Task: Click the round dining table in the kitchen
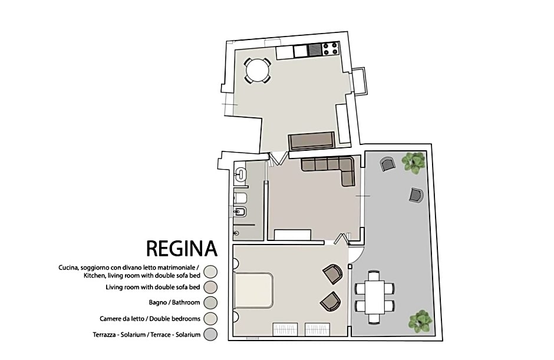pyautogui.click(x=258, y=71)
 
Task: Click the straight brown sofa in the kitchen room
pyautogui.click(x=311, y=141)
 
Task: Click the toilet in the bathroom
pyautogui.click(x=241, y=197)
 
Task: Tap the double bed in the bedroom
pyautogui.click(x=254, y=290)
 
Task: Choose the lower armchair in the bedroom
pyautogui.click(x=331, y=301)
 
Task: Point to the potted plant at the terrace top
pyautogui.click(x=414, y=161)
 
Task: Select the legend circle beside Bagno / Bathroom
pyautogui.click(x=210, y=303)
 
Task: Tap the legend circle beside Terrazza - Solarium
pyautogui.click(x=210, y=335)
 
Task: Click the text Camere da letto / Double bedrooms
pyautogui.click(x=150, y=319)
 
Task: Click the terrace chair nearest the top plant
pyautogui.click(x=387, y=164)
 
